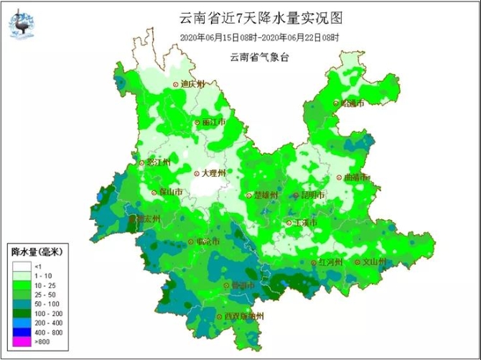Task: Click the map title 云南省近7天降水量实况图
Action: click(259, 17)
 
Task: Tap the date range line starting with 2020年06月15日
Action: click(259, 37)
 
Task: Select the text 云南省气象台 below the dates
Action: click(259, 57)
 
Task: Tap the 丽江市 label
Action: click(213, 123)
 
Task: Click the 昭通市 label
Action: click(352, 103)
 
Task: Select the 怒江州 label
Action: click(159, 162)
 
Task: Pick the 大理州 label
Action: click(213, 173)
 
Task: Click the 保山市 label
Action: click(170, 193)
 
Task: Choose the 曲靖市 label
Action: click(356, 177)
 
